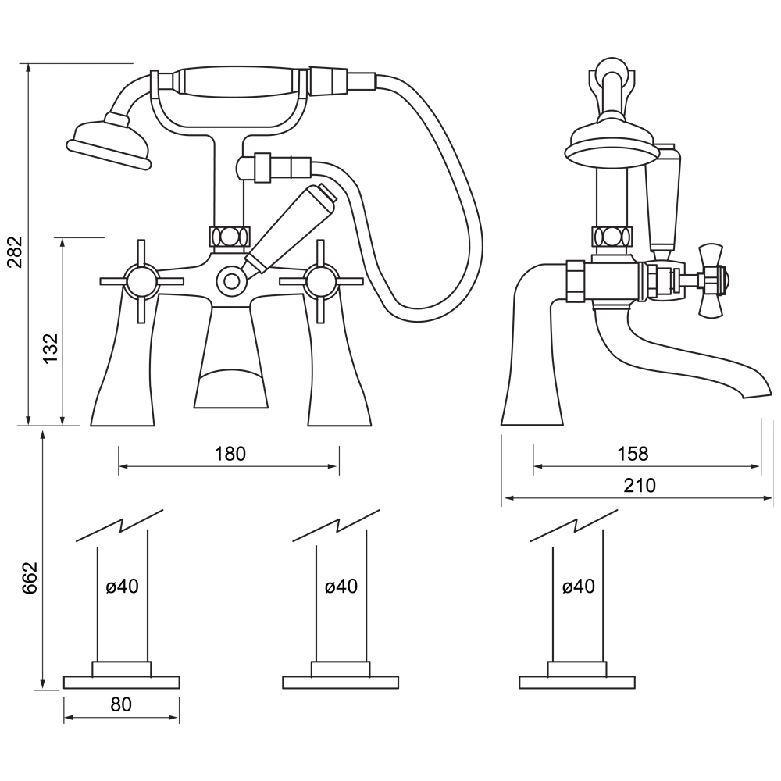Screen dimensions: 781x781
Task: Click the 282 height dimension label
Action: pyautogui.click(x=15, y=251)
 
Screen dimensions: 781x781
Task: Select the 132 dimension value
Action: pyautogui.click(x=50, y=349)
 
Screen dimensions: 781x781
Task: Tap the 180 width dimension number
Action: pyautogui.click(x=229, y=454)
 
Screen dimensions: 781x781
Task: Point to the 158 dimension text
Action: pyautogui.click(x=632, y=454)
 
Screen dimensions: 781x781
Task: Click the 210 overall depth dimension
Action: pyautogui.click(x=640, y=485)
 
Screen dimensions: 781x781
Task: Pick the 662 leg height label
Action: pyautogui.click(x=29, y=577)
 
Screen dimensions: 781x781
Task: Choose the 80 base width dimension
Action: pyautogui.click(x=121, y=704)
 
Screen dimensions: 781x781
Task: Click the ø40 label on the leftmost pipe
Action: pyautogui.click(x=122, y=586)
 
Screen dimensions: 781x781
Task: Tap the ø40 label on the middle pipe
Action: pyautogui.click(x=341, y=586)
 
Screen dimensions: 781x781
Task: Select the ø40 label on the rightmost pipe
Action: pyautogui.click(x=578, y=586)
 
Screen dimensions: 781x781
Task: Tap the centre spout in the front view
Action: pyautogui.click(x=230, y=359)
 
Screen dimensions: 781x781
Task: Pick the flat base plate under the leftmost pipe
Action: pyautogui.click(x=121, y=682)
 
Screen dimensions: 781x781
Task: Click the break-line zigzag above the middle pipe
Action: pyautogui.click(x=336, y=525)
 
